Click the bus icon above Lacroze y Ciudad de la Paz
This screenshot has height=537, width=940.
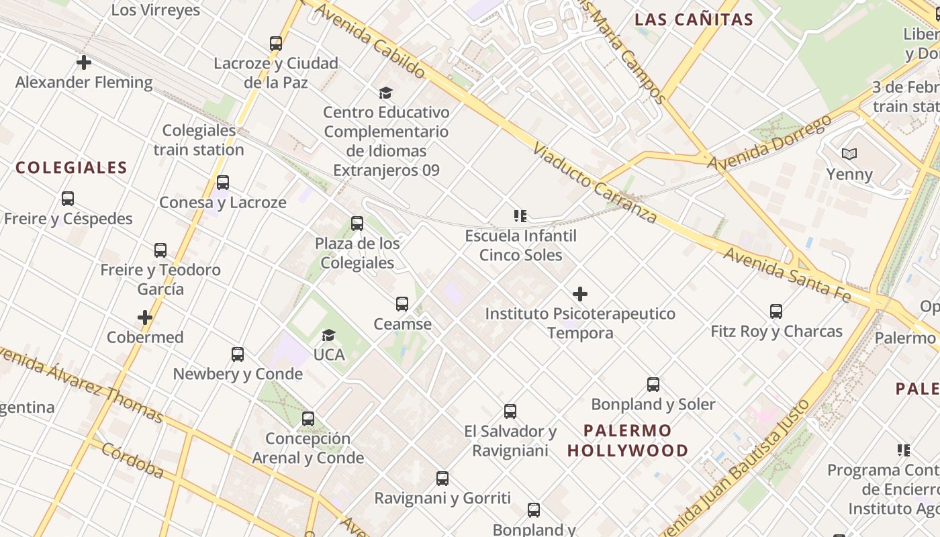276,44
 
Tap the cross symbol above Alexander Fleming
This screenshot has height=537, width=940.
84,62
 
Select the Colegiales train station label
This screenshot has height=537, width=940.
199,140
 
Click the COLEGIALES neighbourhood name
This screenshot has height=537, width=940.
71,168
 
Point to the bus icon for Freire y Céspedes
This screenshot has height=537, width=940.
68,199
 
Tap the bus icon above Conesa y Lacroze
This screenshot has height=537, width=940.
223,183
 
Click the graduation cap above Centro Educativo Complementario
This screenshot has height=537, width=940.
385,93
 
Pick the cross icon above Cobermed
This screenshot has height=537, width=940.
145,318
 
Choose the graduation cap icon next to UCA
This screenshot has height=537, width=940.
328,335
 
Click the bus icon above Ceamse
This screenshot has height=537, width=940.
402,304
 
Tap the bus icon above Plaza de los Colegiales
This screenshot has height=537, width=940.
357,224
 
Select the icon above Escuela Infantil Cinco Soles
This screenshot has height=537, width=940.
520,216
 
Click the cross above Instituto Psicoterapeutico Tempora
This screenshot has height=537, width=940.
580,294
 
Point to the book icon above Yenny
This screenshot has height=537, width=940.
849,154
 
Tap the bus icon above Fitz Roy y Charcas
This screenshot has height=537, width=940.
776,311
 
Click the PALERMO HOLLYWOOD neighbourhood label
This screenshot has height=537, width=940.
628,440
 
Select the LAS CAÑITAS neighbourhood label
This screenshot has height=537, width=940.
694,19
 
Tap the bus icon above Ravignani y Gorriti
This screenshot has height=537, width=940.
442,479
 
